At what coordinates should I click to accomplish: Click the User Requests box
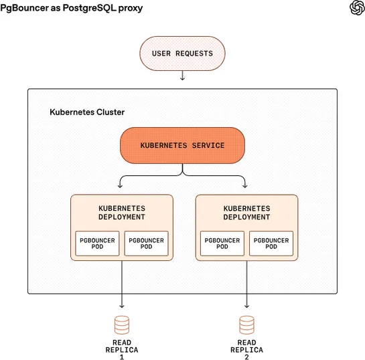[x=182, y=53]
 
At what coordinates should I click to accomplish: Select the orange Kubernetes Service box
[x=182, y=145]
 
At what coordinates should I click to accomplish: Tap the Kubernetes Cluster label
[x=87, y=112]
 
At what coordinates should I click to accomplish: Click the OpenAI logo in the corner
[x=356, y=7]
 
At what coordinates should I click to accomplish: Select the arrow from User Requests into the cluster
[x=182, y=77]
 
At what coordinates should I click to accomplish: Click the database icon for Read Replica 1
[x=121, y=325]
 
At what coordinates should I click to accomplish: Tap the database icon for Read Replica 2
[x=246, y=325]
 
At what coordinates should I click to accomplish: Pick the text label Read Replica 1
[x=121, y=350]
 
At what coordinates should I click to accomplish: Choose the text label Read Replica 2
[x=246, y=350]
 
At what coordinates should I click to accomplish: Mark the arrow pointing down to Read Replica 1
[x=121, y=284]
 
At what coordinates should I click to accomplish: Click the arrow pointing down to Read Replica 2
[x=246, y=284]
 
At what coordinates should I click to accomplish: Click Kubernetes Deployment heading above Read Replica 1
[x=121, y=213]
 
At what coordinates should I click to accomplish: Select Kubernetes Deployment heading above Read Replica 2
[x=246, y=213]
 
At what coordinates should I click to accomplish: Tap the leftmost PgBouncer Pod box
[x=96, y=244]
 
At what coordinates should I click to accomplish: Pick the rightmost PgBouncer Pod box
[x=271, y=244]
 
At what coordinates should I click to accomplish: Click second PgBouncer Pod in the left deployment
[x=146, y=244]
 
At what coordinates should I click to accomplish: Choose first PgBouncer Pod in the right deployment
[x=222, y=244]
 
